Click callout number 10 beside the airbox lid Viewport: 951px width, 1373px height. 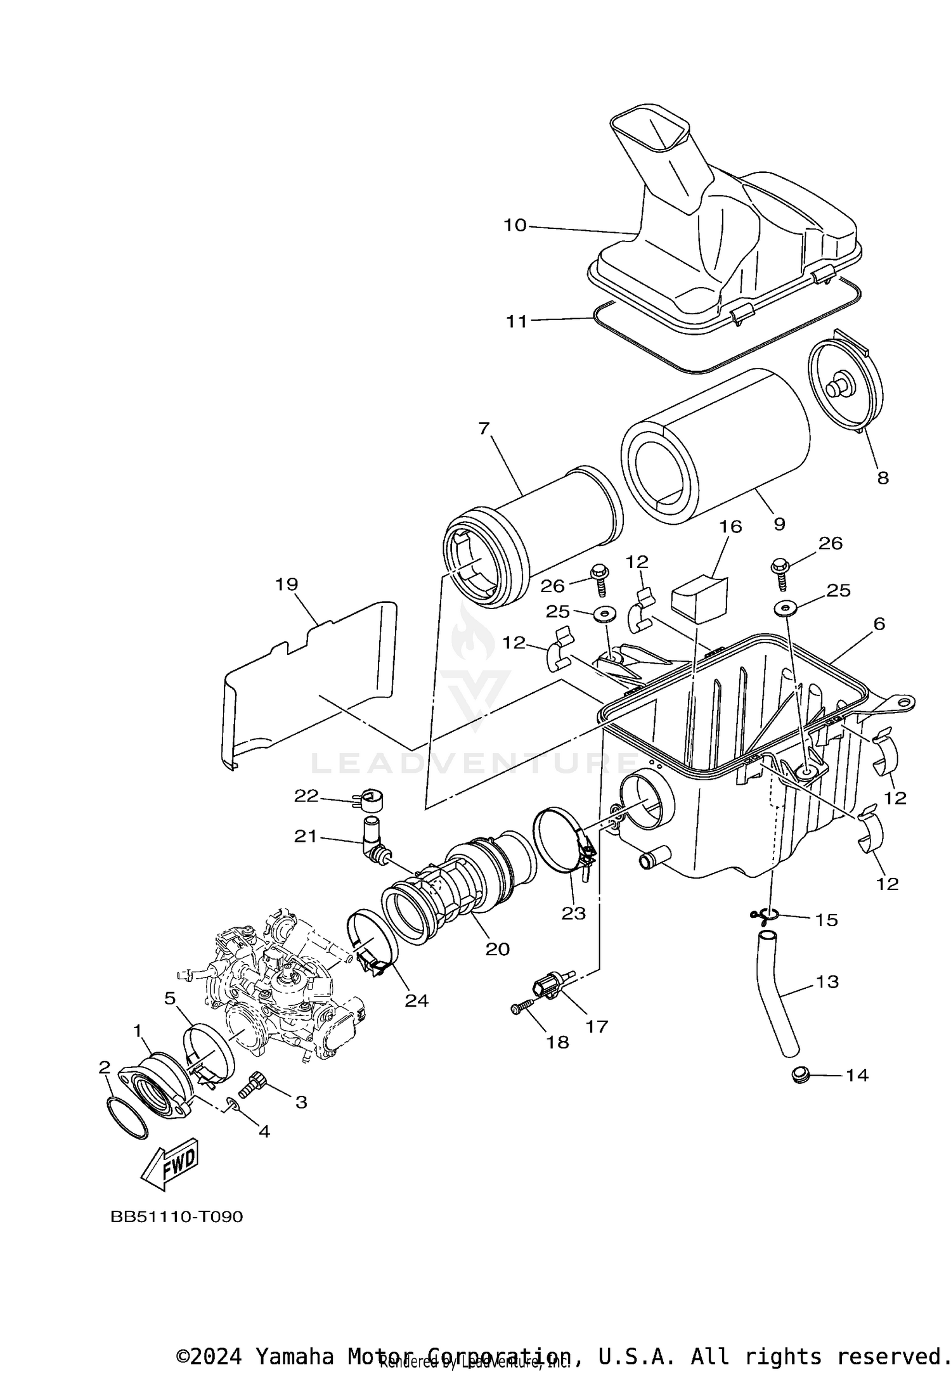[515, 225]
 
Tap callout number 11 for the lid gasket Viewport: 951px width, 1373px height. [517, 321]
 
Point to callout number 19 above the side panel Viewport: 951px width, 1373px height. [287, 584]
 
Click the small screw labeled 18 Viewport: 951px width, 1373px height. [522, 1009]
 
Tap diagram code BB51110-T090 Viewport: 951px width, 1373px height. [177, 1217]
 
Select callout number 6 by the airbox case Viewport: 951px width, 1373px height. [879, 624]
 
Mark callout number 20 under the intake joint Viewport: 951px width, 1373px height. [498, 949]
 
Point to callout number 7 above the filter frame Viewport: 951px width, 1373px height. [484, 429]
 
